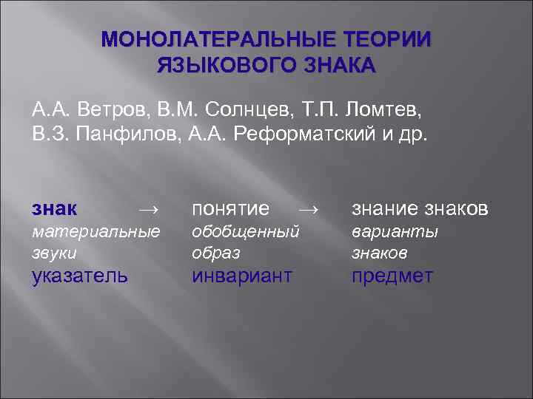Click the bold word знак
[57, 208]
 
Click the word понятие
[230, 208]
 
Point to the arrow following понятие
[311, 209]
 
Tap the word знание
[388, 208]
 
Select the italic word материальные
[96, 231]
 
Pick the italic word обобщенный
[246, 231]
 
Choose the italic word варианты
[395, 231]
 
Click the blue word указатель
[78, 276]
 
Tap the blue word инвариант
[242, 276]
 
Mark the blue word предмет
[392, 276]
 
